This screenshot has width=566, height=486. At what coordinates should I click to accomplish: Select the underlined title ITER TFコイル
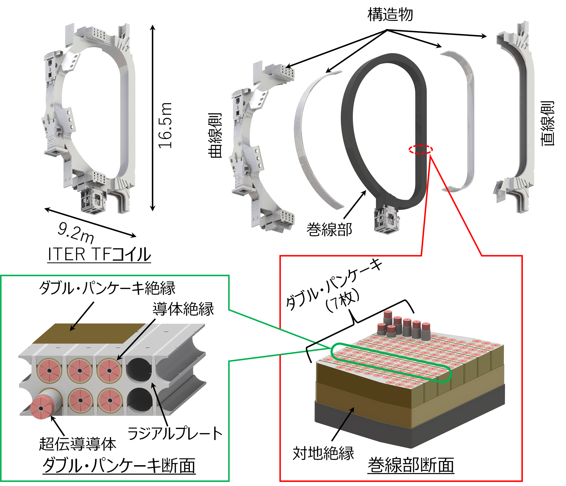pos(99,255)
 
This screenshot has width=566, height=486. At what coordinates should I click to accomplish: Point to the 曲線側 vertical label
pos(215,135)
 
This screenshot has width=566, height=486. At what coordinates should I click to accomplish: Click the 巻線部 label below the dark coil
pos(329,229)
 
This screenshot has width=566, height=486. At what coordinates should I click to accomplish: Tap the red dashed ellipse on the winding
pos(421,149)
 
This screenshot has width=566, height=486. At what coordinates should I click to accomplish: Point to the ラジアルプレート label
pos(175,433)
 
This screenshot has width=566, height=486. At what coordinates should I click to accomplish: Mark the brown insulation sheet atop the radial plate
pos(89,333)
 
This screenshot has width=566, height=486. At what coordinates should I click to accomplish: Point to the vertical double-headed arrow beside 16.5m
pos(153,118)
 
